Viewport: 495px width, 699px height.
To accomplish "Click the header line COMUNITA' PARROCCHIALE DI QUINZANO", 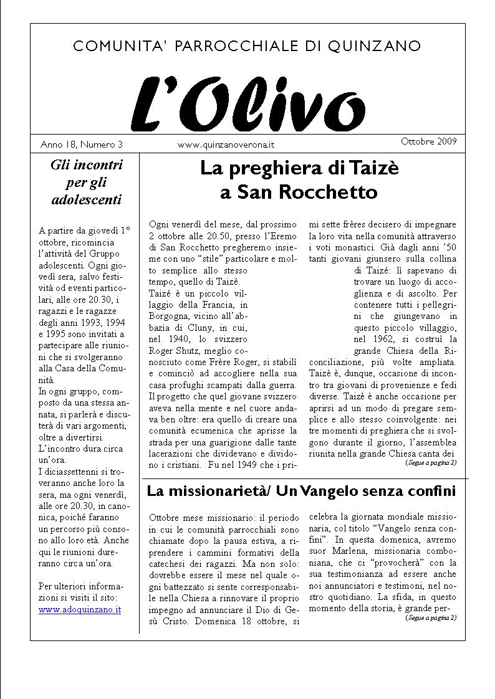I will (247, 46).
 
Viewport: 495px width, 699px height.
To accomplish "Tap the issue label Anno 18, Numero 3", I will (81, 145).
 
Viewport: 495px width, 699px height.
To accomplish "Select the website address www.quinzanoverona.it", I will (226, 145).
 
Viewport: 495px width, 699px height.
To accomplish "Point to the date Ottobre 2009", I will (428, 141).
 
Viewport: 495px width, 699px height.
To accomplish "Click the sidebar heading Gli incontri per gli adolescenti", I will (86, 183).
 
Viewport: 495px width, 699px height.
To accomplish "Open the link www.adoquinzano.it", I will (80, 609).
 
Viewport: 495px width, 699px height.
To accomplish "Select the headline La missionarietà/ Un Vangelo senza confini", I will (301, 492).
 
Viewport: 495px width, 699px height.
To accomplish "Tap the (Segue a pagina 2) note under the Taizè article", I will (430, 463).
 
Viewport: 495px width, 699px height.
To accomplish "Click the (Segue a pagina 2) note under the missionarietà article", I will (430, 618).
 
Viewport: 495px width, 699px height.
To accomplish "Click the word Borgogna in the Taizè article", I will (170, 316).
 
